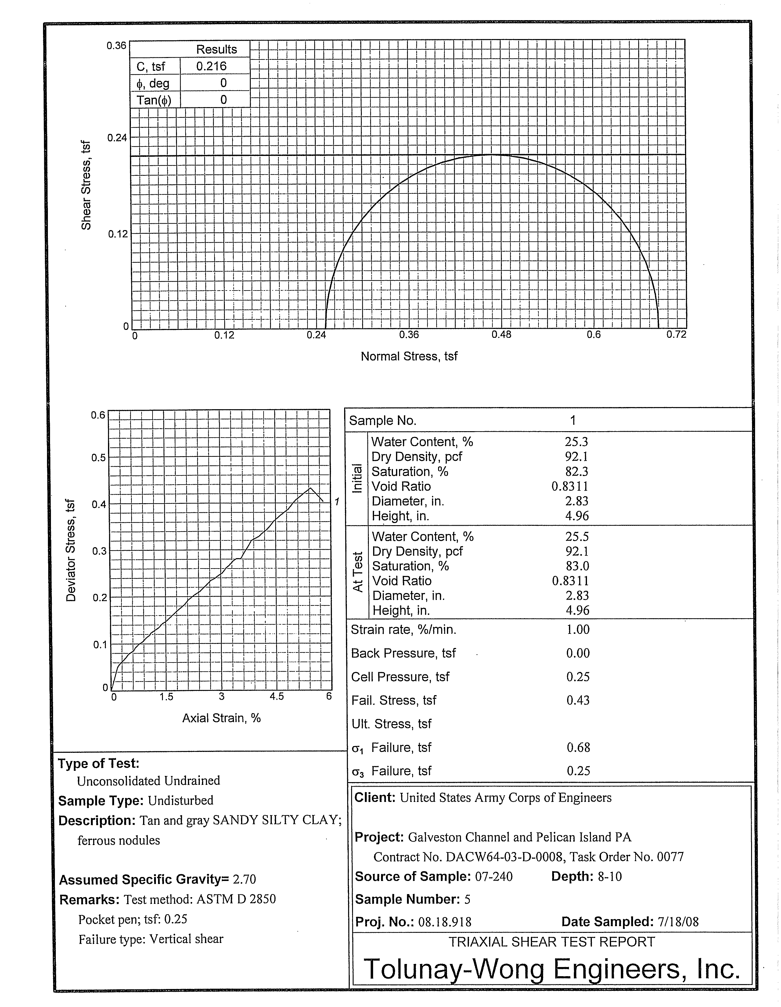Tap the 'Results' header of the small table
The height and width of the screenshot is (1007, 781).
click(216, 49)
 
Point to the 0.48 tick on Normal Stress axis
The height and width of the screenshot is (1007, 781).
click(501, 335)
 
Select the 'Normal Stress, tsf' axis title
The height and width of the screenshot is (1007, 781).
click(409, 356)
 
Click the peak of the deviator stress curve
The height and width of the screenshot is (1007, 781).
click(310, 488)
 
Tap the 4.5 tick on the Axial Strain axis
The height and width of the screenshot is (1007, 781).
click(277, 696)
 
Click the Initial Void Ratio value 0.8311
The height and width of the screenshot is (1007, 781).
click(570, 486)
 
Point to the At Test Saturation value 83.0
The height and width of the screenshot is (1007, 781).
click(577, 566)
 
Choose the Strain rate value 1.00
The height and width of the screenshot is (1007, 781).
click(578, 629)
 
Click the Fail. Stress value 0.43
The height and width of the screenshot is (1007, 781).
click(578, 700)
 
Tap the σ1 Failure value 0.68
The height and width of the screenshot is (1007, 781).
click(578, 747)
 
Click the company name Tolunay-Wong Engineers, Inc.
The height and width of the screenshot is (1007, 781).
click(552, 969)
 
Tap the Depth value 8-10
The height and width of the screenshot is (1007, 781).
click(610, 876)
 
